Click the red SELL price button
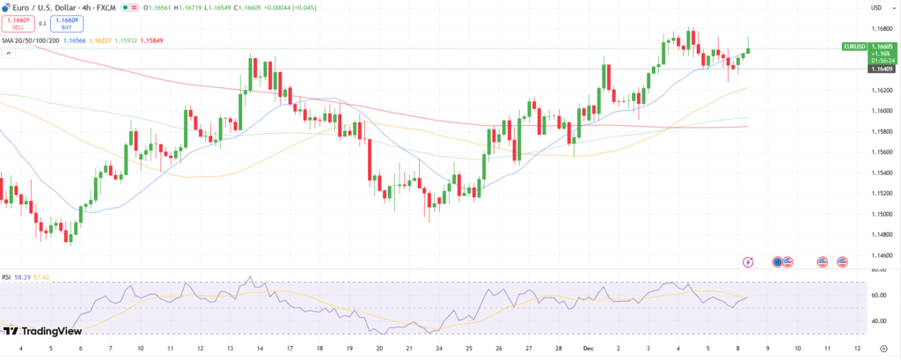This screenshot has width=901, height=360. pos(18,25)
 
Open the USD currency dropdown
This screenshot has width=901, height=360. pos(876,8)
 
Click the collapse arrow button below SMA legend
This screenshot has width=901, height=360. pos(10,53)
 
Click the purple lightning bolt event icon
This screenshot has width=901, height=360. pos(748,261)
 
